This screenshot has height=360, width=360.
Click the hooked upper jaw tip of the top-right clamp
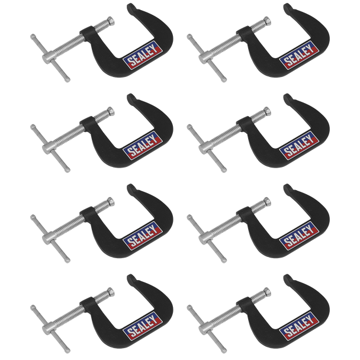[289, 8]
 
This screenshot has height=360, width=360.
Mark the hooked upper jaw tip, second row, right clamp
[289, 97]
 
